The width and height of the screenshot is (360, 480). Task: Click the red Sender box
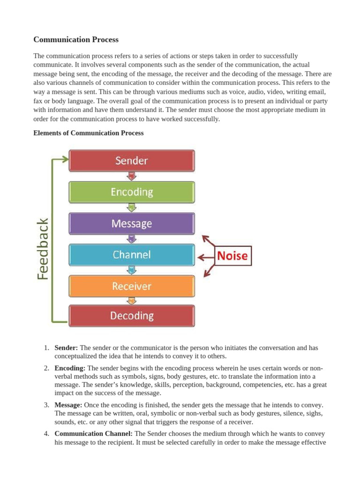pos(132,160)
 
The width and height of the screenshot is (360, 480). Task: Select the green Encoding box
pos(132,192)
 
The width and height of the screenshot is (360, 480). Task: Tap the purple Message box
pos(132,224)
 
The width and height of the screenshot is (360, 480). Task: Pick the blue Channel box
pos(132,255)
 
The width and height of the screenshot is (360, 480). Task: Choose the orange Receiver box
pos(132,286)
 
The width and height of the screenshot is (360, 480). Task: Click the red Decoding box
pos(132,315)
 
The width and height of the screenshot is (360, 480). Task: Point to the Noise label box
pos(233,256)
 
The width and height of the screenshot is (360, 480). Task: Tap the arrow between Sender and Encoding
pos(132,176)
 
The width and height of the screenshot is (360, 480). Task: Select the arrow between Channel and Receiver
pos(132,270)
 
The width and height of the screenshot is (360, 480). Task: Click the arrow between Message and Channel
pos(132,239)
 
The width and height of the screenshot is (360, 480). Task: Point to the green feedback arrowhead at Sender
pos(64,159)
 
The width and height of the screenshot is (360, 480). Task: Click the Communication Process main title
pos(76,39)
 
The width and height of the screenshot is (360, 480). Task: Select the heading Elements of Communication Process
pos(89,133)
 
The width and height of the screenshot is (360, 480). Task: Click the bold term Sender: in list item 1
pos(67,348)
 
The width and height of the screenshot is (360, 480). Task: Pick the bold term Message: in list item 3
pos(68,405)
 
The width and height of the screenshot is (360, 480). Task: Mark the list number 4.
pos(46,434)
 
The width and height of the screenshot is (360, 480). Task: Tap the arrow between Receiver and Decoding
pos(132,301)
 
